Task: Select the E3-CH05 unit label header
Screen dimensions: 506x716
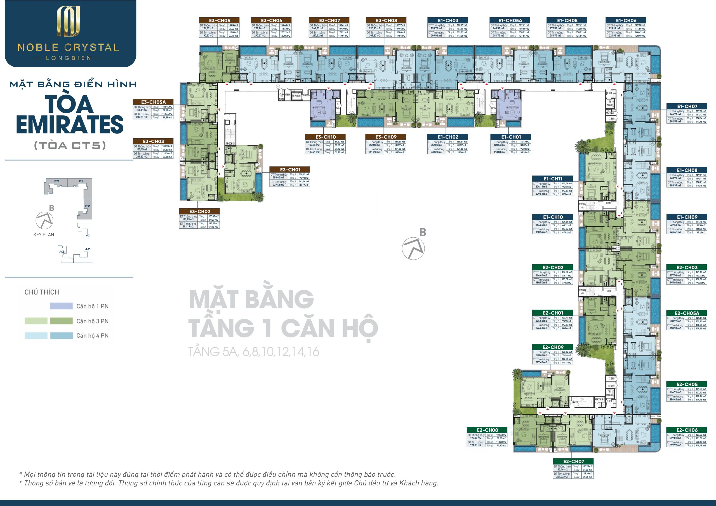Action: pyautogui.click(x=219, y=21)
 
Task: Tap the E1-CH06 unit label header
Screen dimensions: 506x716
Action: pyautogui.click(x=626, y=21)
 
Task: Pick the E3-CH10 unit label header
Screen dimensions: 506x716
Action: pyautogui.click(x=325, y=137)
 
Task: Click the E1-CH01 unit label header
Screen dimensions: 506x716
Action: pyautogui.click(x=511, y=137)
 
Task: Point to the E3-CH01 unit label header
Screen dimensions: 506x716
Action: pyautogui.click(x=290, y=170)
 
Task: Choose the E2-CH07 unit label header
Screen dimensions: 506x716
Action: pyautogui.click(x=573, y=461)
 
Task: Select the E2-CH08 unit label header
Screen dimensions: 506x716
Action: pyautogui.click(x=487, y=430)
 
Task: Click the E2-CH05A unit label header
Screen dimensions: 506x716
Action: pyautogui.click(x=687, y=313)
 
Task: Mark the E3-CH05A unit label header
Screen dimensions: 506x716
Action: pyautogui.click(x=153, y=102)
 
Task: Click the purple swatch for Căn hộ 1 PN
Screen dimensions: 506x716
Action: pyautogui.click(x=61, y=306)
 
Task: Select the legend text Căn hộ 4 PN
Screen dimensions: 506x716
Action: pyautogui.click(x=92, y=336)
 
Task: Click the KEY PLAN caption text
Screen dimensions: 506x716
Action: pyautogui.click(x=44, y=235)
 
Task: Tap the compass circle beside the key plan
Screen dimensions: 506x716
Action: pyautogui.click(x=44, y=221)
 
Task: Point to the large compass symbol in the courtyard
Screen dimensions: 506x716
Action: pyautogui.click(x=413, y=248)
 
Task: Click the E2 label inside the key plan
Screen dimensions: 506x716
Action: pyautogui.click(x=88, y=206)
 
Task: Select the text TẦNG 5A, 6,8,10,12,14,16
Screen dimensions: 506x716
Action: pyautogui.click(x=254, y=352)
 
